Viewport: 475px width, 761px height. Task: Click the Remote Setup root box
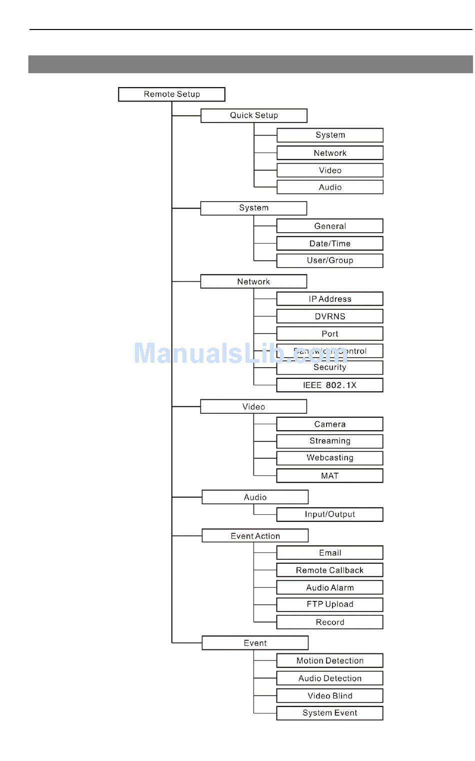coord(171,94)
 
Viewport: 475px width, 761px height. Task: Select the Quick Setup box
coord(253,116)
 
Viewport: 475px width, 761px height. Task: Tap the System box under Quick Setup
coord(330,135)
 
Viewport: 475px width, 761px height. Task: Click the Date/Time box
coord(330,244)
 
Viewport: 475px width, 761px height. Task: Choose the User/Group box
coord(330,261)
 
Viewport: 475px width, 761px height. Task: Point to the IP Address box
coord(330,299)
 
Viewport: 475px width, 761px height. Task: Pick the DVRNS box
coord(330,316)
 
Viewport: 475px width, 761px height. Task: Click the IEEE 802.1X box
coord(330,385)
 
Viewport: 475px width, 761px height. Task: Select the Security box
coord(330,368)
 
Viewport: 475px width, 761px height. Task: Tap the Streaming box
coord(330,441)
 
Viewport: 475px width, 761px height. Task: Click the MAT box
coord(330,476)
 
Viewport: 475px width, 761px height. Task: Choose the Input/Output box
coord(330,514)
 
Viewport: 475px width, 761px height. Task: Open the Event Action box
coord(255,536)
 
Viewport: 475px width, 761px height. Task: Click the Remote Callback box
coord(330,570)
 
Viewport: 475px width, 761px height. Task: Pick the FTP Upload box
coord(330,604)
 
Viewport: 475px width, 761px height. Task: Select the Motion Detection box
coord(330,661)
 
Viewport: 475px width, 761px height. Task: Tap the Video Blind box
coord(330,696)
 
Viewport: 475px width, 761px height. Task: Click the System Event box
coord(330,713)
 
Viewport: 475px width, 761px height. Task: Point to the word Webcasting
coord(330,458)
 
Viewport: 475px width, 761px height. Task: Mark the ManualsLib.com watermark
coord(240,353)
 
